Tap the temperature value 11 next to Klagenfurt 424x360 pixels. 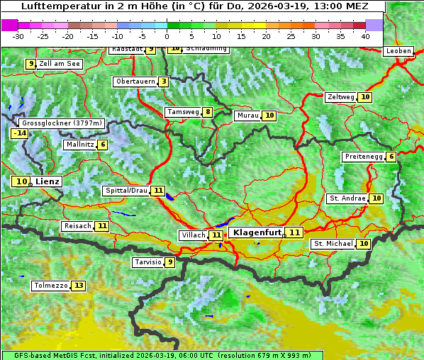pos(294,232)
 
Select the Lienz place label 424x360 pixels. pos(48,181)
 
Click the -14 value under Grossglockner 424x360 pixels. pos(19,133)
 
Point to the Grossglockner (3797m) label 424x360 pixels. pos(62,123)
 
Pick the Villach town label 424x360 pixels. pos(193,235)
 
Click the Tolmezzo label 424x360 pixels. pos(50,286)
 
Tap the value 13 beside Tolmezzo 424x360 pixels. pos(78,286)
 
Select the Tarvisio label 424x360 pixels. pos(147,262)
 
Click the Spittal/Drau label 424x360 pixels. pos(125,191)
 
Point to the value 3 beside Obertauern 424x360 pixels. pos(164,81)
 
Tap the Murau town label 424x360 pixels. pos(247,116)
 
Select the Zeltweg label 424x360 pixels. pos(340,97)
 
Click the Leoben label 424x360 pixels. pos(398,51)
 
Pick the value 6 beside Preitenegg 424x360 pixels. pos(391,157)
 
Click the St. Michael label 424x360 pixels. pos(333,244)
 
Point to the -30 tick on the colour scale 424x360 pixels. pos(18,35)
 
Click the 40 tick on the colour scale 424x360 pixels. pos(365,35)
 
